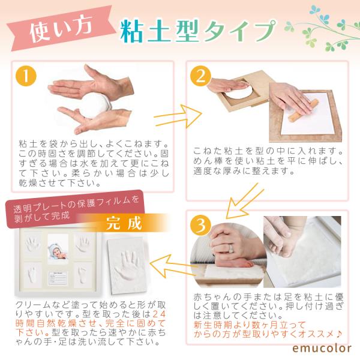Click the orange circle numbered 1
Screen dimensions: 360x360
pyautogui.click(x=26, y=76)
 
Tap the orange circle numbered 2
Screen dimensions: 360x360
pyautogui.click(x=200, y=76)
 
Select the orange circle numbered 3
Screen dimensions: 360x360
pyautogui.click(x=200, y=225)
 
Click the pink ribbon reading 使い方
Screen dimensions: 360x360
pyautogui.click(x=61, y=29)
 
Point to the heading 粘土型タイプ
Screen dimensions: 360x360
pyautogui.click(x=198, y=31)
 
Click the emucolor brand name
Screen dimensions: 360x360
pyautogui.click(x=322, y=348)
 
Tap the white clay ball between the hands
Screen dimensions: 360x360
pyautogui.click(x=97, y=106)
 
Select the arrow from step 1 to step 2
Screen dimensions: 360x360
pyautogui.click(x=178, y=116)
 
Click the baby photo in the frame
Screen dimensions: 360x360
pyautogui.click(x=58, y=247)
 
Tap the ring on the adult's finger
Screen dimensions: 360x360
pyautogui.click(x=231, y=248)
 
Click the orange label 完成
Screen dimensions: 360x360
pyautogui.click(x=124, y=223)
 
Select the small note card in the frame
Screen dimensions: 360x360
pyautogui.click(x=58, y=278)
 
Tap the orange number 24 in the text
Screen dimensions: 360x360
pyautogui.click(x=158, y=314)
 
